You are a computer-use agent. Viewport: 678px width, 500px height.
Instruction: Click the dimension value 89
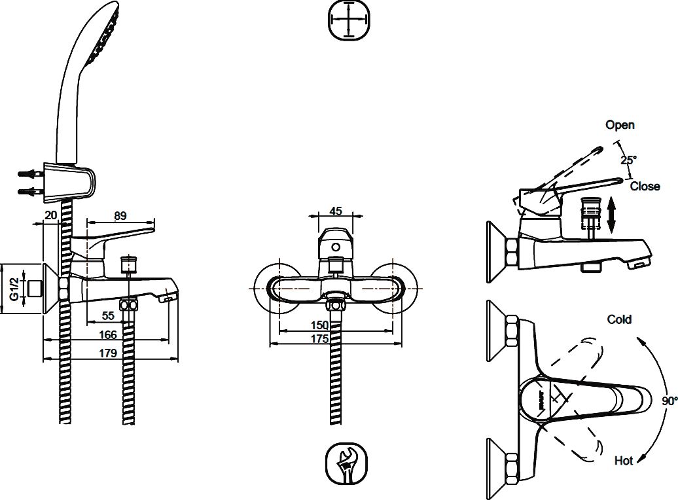120,215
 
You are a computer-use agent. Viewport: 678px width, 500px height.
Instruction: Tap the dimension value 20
51,215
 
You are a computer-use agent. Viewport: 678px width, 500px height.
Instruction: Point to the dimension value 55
109,316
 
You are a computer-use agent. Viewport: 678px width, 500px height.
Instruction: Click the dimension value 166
108,335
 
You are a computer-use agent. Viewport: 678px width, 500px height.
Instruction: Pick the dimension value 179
108,353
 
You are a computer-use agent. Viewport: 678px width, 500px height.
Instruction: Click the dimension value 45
336,211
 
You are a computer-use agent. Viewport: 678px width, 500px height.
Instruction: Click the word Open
620,125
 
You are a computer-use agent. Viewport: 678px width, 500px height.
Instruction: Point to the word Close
645,187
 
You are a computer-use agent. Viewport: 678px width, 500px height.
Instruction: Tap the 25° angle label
629,159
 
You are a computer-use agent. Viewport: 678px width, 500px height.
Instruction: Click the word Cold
619,319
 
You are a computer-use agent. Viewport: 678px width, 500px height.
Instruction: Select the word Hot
624,461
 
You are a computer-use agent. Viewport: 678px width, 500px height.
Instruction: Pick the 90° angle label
669,401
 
